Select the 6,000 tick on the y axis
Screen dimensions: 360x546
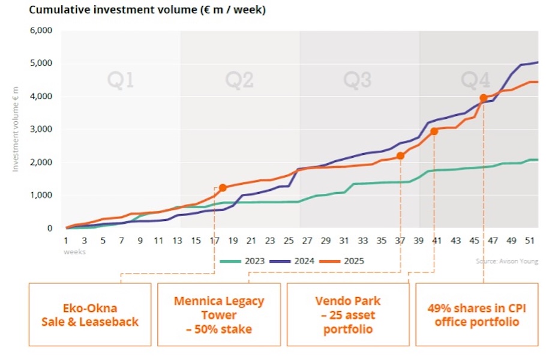point(41,31)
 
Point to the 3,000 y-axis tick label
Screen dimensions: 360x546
point(41,130)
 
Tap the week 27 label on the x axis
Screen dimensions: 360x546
point(307,241)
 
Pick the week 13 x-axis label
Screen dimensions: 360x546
point(178,241)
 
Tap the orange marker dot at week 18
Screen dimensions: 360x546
point(223,188)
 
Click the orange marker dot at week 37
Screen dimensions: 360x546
point(400,156)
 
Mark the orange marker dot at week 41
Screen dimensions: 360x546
point(434,131)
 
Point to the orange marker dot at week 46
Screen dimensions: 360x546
point(483,98)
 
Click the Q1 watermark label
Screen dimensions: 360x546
point(120,80)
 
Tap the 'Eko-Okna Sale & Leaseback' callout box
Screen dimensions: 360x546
point(90,314)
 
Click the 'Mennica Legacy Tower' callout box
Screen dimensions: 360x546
point(219,314)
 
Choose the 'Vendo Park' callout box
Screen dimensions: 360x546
point(348,314)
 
